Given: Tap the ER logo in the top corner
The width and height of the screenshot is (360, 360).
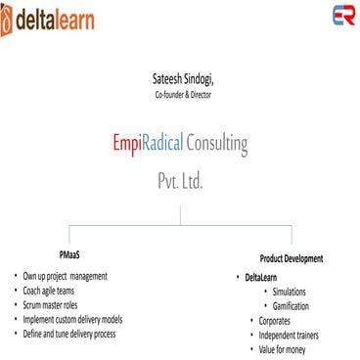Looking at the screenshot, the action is (x=342, y=17).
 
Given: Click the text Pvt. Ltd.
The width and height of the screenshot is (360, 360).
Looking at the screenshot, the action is (x=180, y=181).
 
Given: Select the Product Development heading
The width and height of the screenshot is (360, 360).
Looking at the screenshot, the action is (x=291, y=258).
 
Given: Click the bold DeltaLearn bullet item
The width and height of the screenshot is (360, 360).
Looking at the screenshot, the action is (x=263, y=278).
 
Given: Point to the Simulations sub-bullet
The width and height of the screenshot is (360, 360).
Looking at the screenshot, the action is (x=291, y=292).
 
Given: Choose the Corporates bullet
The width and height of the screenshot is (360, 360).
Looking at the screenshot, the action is (x=277, y=320).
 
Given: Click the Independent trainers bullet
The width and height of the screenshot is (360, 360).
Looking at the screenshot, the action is (x=290, y=335).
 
